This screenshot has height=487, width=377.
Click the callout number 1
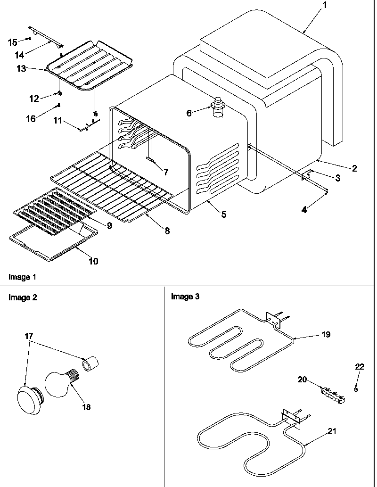(324, 6)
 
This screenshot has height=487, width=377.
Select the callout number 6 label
(189, 113)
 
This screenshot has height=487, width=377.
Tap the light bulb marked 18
(59, 380)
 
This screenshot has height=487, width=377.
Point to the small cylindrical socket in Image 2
(90, 364)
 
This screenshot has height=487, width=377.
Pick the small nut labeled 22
(357, 388)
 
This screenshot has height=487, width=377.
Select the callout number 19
(326, 335)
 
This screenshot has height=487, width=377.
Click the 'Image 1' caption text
(22, 277)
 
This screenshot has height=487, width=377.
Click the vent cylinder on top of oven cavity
(218, 107)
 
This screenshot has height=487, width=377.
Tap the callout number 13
(21, 69)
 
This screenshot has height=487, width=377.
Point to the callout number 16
(31, 119)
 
